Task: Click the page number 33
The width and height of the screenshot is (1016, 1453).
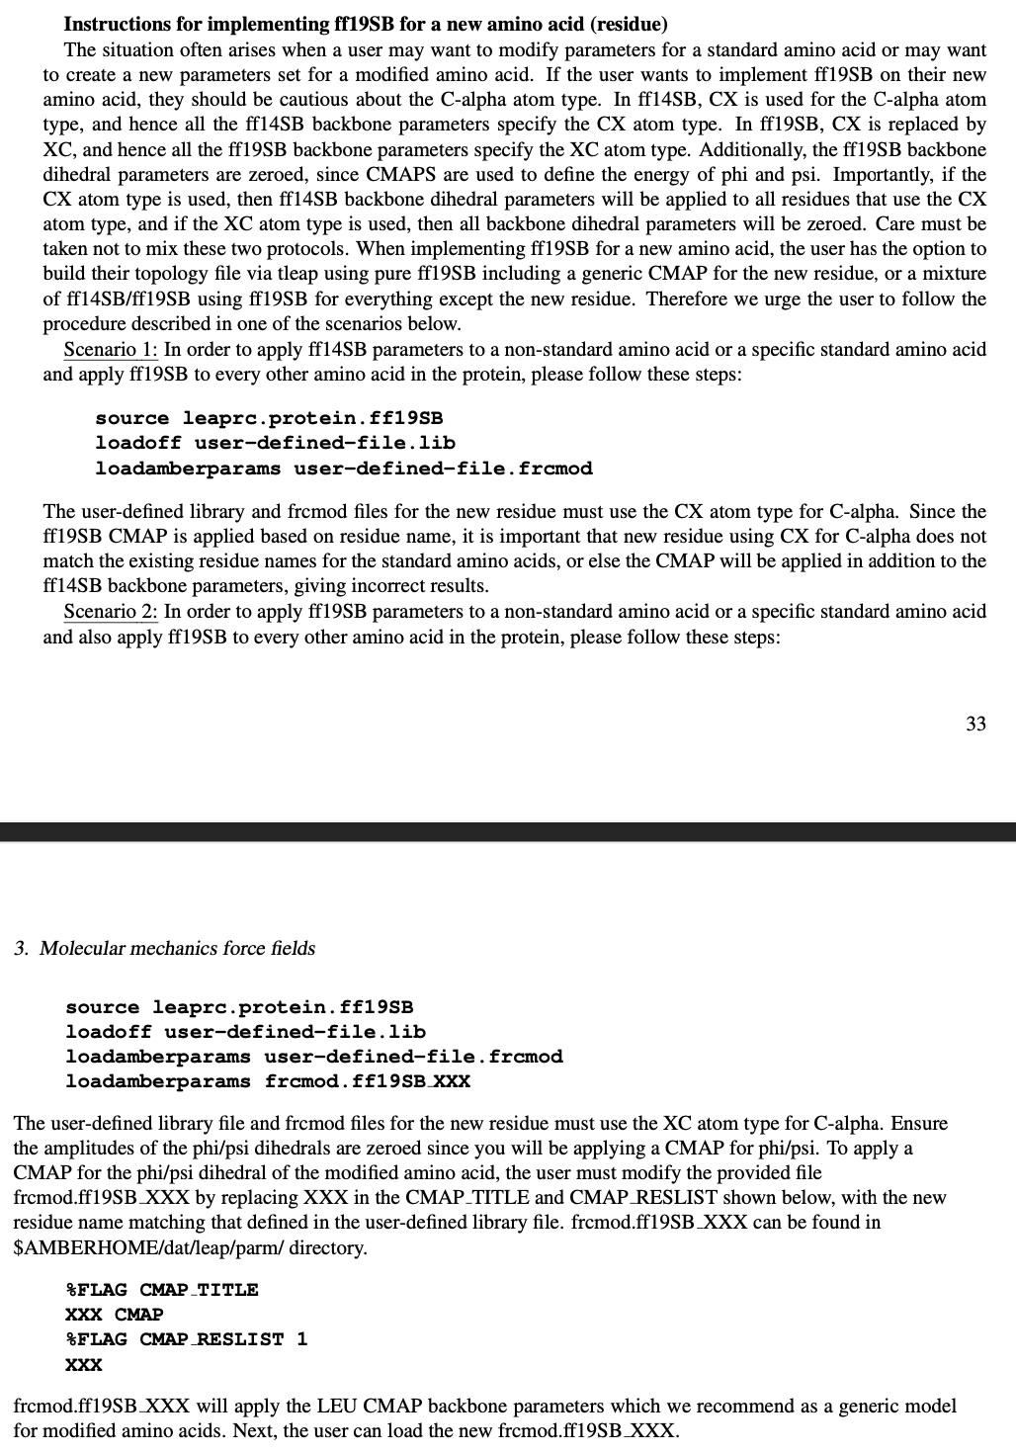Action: tap(974, 725)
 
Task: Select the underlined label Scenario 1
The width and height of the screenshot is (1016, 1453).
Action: tap(110, 349)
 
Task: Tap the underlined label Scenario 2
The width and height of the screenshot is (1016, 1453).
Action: tap(110, 611)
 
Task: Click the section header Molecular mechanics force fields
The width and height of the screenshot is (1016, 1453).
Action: tap(164, 949)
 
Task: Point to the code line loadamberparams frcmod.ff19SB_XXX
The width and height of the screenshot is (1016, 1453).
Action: tap(268, 1081)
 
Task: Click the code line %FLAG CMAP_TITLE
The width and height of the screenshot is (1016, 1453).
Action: tap(161, 1290)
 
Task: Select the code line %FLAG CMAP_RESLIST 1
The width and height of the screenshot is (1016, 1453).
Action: tap(186, 1339)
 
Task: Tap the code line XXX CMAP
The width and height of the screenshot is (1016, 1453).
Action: tap(114, 1315)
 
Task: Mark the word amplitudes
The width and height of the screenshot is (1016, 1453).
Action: tap(95, 1149)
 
